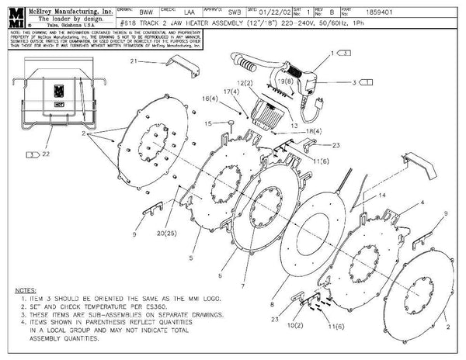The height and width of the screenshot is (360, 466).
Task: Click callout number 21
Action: (x=134, y=61)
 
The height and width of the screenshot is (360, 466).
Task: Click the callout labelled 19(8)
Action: (x=284, y=80)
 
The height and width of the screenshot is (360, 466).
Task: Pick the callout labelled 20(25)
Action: (x=163, y=233)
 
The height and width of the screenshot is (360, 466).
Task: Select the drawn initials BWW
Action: (x=146, y=14)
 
